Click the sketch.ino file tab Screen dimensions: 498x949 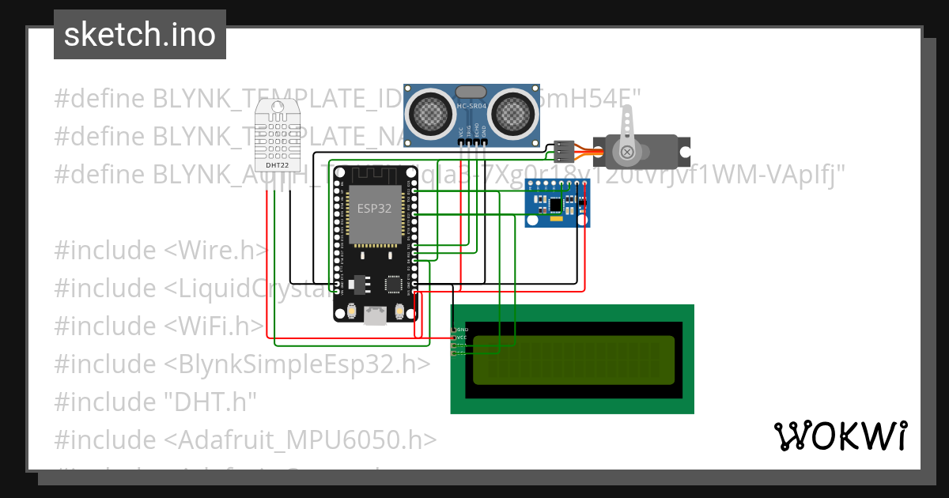click(x=139, y=35)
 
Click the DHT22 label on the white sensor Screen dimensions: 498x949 click(x=276, y=165)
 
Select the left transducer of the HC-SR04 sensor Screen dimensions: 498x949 click(x=431, y=114)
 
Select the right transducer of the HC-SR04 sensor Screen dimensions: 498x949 click(x=513, y=114)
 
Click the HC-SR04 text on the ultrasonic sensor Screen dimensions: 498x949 click(x=472, y=104)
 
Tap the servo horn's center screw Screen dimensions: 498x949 click(x=627, y=152)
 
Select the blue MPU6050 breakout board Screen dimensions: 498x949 click(x=558, y=203)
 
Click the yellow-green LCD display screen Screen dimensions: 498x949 click(x=574, y=360)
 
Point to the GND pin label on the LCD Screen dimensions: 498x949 click(x=463, y=329)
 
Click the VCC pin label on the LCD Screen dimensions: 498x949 click(x=463, y=338)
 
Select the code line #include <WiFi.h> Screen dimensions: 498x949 click(x=159, y=326)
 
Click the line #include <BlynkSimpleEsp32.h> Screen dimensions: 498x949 click(x=242, y=364)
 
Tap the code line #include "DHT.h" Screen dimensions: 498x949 click(x=156, y=402)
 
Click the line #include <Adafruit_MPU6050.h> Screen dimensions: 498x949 click(x=245, y=440)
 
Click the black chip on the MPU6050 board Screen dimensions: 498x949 click(x=556, y=205)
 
